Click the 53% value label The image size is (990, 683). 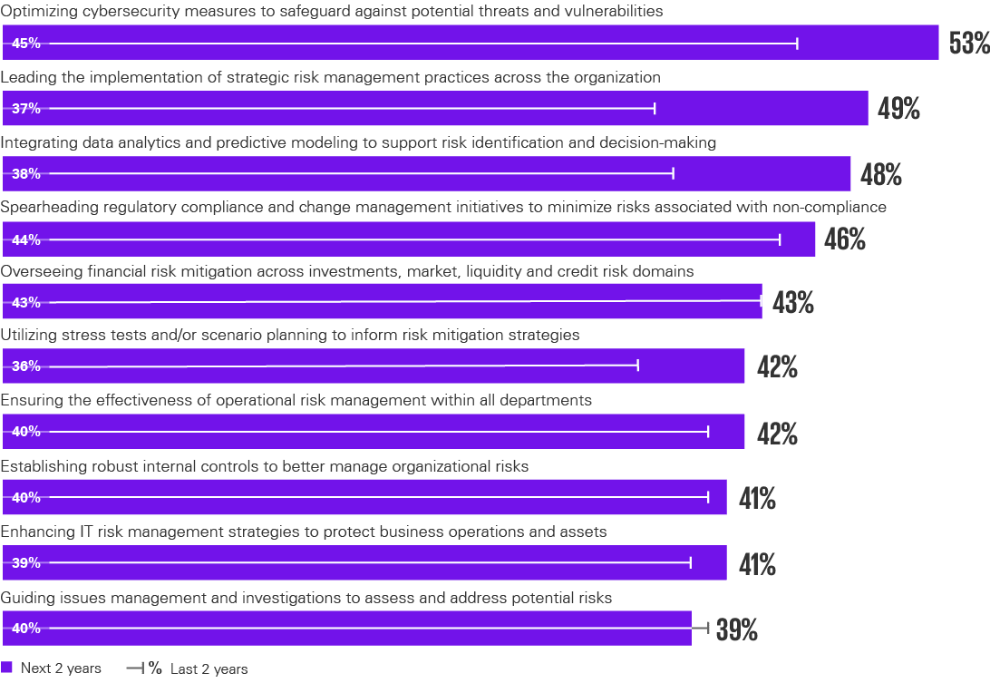pos(968,44)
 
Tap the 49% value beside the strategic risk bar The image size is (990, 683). pos(898,109)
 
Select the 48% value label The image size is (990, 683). pos(880,174)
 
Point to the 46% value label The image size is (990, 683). pos(845,239)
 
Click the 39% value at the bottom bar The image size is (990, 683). pos(736,629)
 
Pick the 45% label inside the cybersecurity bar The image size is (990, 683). pos(26,43)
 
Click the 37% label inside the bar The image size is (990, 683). pos(26,109)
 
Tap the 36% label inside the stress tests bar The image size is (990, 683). pos(26,367)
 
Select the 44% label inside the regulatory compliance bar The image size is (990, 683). pos(26,239)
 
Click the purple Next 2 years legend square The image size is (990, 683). pos(7,668)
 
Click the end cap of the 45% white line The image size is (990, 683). pos(797,43)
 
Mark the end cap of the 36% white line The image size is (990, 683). pos(638,366)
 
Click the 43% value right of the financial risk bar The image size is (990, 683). pos(792,304)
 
